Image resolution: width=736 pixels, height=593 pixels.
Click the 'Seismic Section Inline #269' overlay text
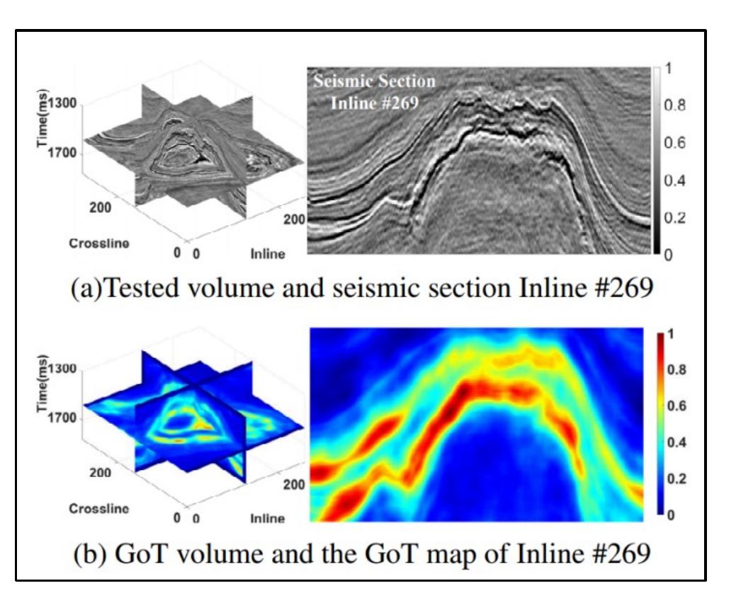[x=375, y=91]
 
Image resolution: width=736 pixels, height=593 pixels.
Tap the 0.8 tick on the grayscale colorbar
[x=676, y=105]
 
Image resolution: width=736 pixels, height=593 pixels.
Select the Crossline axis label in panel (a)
[x=98, y=243]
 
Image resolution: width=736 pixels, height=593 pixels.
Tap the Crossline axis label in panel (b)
[x=98, y=508]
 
